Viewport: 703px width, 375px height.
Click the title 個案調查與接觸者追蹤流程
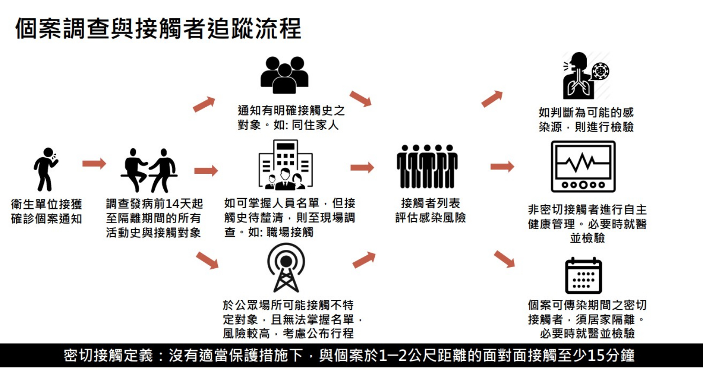[158, 28]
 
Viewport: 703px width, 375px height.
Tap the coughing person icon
[46, 169]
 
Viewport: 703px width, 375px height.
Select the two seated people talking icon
[149, 170]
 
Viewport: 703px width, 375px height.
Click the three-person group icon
[284, 75]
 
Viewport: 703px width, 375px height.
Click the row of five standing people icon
[427, 166]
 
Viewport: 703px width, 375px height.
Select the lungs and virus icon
[585, 76]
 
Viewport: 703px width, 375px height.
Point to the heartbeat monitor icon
[583, 166]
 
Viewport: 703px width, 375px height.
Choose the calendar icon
[583, 276]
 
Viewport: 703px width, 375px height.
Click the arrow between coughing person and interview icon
[94, 164]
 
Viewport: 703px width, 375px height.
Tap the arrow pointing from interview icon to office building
[206, 171]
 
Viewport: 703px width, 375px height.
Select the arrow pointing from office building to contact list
[362, 167]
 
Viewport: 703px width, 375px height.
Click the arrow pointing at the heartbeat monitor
[502, 166]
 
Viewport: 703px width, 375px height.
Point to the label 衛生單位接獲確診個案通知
[46, 211]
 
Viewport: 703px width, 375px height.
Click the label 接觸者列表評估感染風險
[430, 210]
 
